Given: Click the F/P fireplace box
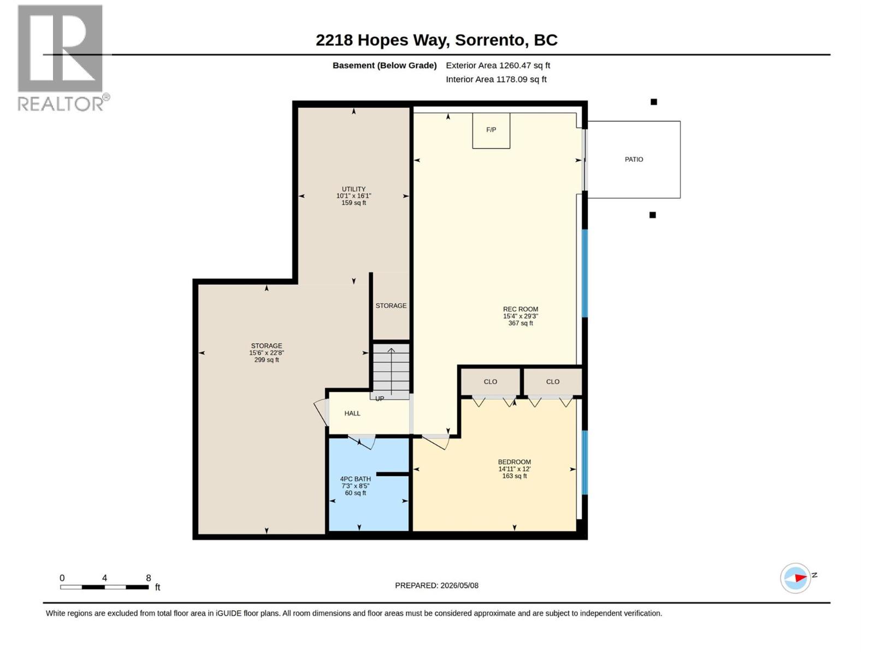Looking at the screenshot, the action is [491, 131].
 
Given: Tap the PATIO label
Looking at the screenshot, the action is [634, 159].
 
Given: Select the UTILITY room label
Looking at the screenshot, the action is [353, 189].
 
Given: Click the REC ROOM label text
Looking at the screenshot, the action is [521, 309].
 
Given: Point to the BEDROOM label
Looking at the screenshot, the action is [515, 462].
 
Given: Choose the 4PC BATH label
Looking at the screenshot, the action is [355, 479].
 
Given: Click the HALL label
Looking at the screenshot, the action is [352, 413].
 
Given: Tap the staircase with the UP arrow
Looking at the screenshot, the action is [391, 371].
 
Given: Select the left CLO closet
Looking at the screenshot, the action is [491, 382].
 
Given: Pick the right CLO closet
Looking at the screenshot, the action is [553, 382].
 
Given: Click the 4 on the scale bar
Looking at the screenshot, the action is [104, 578].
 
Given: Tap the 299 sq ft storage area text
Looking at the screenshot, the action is [267, 360].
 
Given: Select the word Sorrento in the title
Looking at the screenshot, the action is [489, 40].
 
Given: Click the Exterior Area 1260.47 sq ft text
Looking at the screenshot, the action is [498, 65].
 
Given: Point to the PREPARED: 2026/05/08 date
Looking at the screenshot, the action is [436, 585].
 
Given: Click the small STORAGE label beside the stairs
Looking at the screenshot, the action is [391, 306].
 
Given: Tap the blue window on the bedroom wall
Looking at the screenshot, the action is [584, 462].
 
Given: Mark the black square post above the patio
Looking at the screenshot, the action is [653, 102].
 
